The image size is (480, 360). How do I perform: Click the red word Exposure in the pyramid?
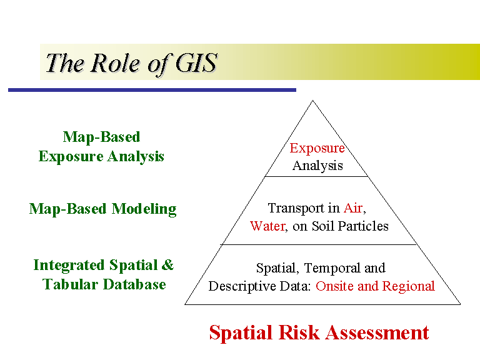point(317,148)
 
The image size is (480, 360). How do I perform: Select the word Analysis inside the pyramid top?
point(317,166)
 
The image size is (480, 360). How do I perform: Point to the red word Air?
point(353,208)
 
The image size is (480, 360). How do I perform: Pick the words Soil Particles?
point(354,226)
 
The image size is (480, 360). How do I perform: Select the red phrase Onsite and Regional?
point(375,286)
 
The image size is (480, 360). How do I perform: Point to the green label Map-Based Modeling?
point(102,209)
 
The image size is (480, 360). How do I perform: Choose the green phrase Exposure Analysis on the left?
point(101,156)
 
